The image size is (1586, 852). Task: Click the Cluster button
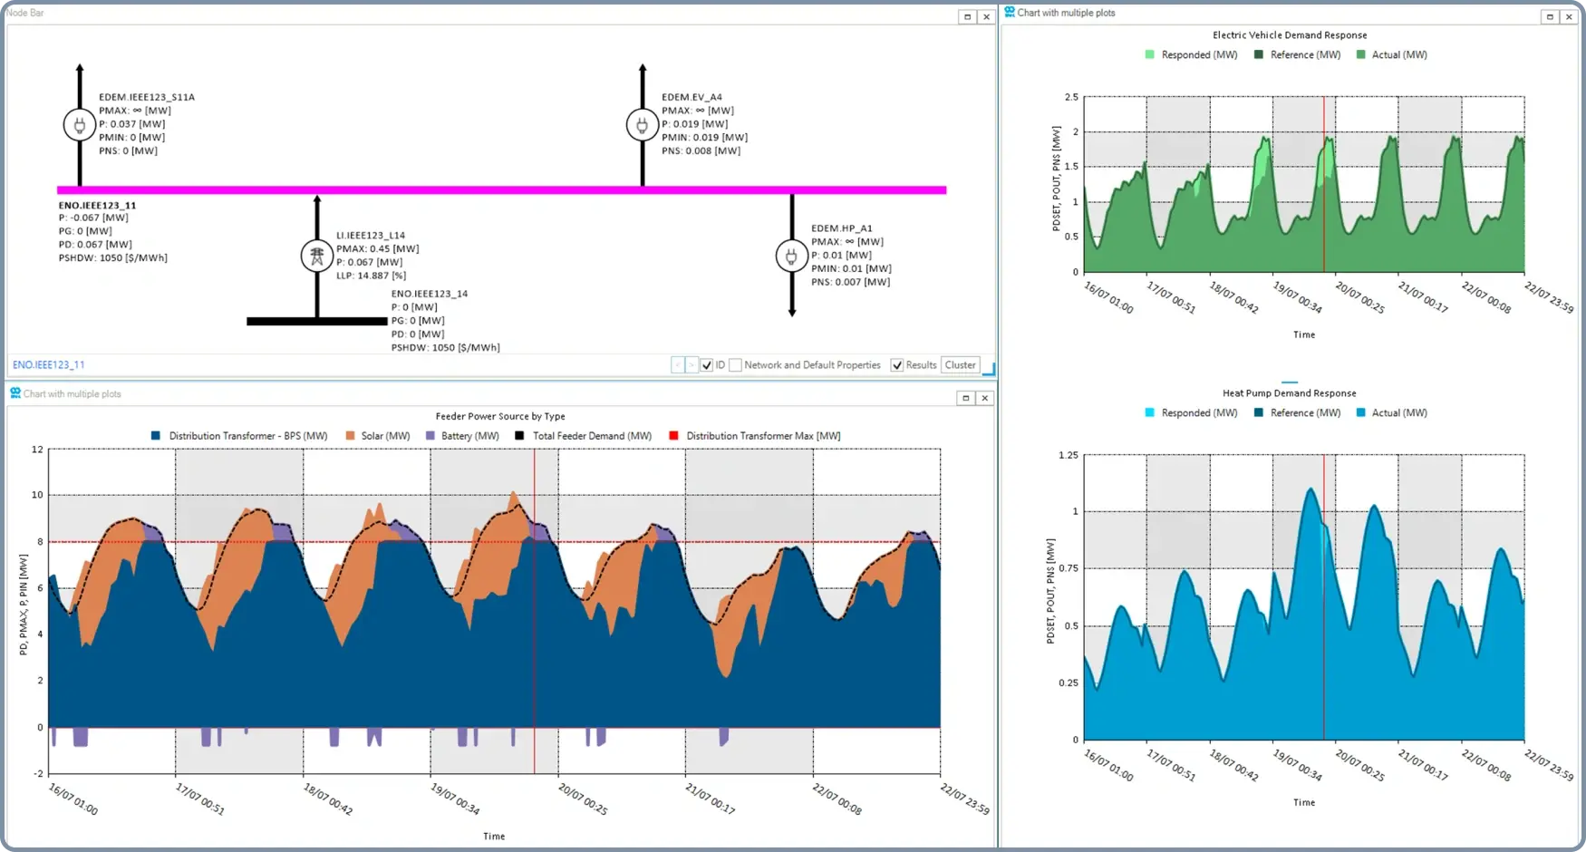(960, 365)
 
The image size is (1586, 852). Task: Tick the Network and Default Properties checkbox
(736, 365)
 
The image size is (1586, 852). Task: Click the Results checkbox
(897, 365)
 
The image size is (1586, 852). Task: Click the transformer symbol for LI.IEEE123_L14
(317, 257)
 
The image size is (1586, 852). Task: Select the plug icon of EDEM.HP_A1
(791, 257)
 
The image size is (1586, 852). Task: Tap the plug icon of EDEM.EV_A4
(642, 125)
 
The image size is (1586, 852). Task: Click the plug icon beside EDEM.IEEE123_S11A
(79, 125)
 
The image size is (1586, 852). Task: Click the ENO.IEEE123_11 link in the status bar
(49, 365)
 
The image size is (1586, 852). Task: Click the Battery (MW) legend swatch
(430, 436)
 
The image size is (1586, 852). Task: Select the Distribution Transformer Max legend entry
(762, 436)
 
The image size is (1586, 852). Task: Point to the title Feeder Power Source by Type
(500, 417)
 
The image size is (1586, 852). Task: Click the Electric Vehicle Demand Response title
(1290, 35)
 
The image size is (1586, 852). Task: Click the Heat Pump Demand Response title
(1289, 393)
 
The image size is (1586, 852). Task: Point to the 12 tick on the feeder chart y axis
(37, 450)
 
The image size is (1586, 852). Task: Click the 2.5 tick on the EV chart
(1071, 97)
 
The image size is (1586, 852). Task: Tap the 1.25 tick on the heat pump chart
(1069, 455)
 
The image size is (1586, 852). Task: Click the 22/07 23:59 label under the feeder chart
(964, 799)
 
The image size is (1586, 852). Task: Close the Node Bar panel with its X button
(986, 16)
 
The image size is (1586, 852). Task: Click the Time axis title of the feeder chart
(494, 837)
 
